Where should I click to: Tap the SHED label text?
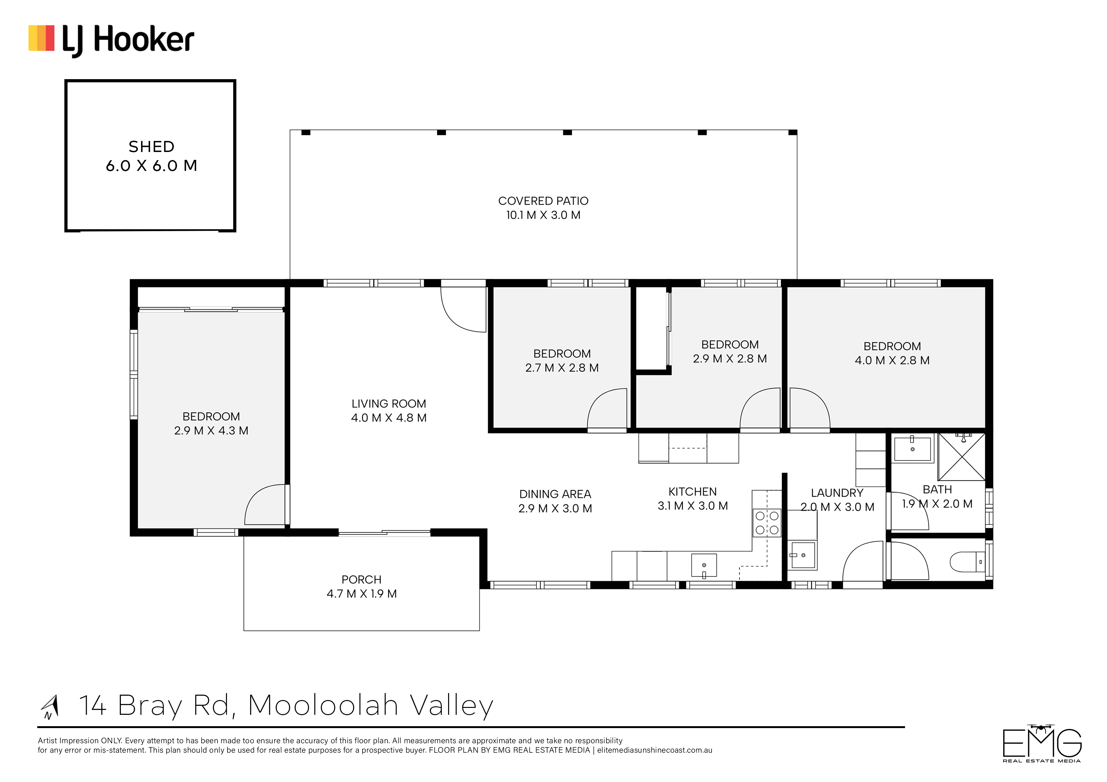click(151, 147)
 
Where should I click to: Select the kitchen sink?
click(704, 565)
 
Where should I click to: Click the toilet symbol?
click(967, 562)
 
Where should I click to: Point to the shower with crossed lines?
click(962, 457)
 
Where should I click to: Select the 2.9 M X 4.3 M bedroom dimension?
click(211, 431)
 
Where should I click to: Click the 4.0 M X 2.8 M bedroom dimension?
click(892, 360)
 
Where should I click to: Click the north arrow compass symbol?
click(50, 707)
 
